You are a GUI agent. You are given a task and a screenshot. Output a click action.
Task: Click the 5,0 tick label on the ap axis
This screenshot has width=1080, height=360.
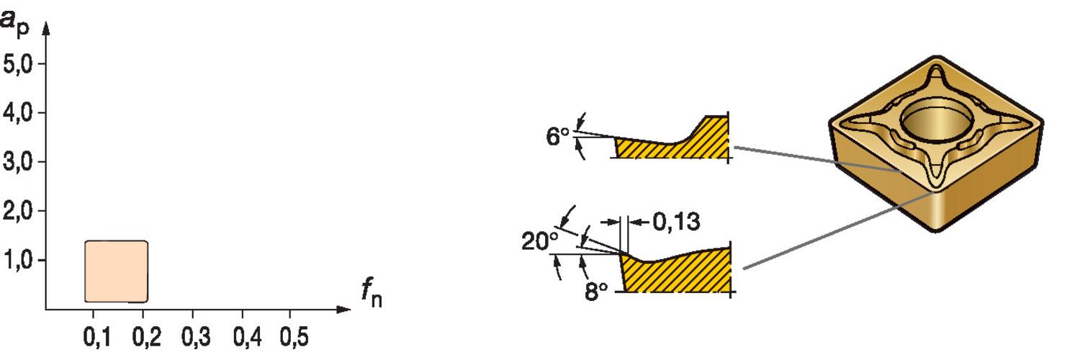coord(17,64)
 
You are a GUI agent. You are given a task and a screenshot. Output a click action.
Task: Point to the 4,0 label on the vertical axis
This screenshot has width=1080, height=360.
coord(17,114)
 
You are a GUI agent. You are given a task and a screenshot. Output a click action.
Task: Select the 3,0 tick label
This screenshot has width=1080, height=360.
coord(17,163)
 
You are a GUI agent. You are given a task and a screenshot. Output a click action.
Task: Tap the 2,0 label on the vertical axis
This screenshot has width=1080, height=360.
coord(17,212)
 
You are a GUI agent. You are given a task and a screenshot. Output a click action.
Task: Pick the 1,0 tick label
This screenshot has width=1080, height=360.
coord(18,261)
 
